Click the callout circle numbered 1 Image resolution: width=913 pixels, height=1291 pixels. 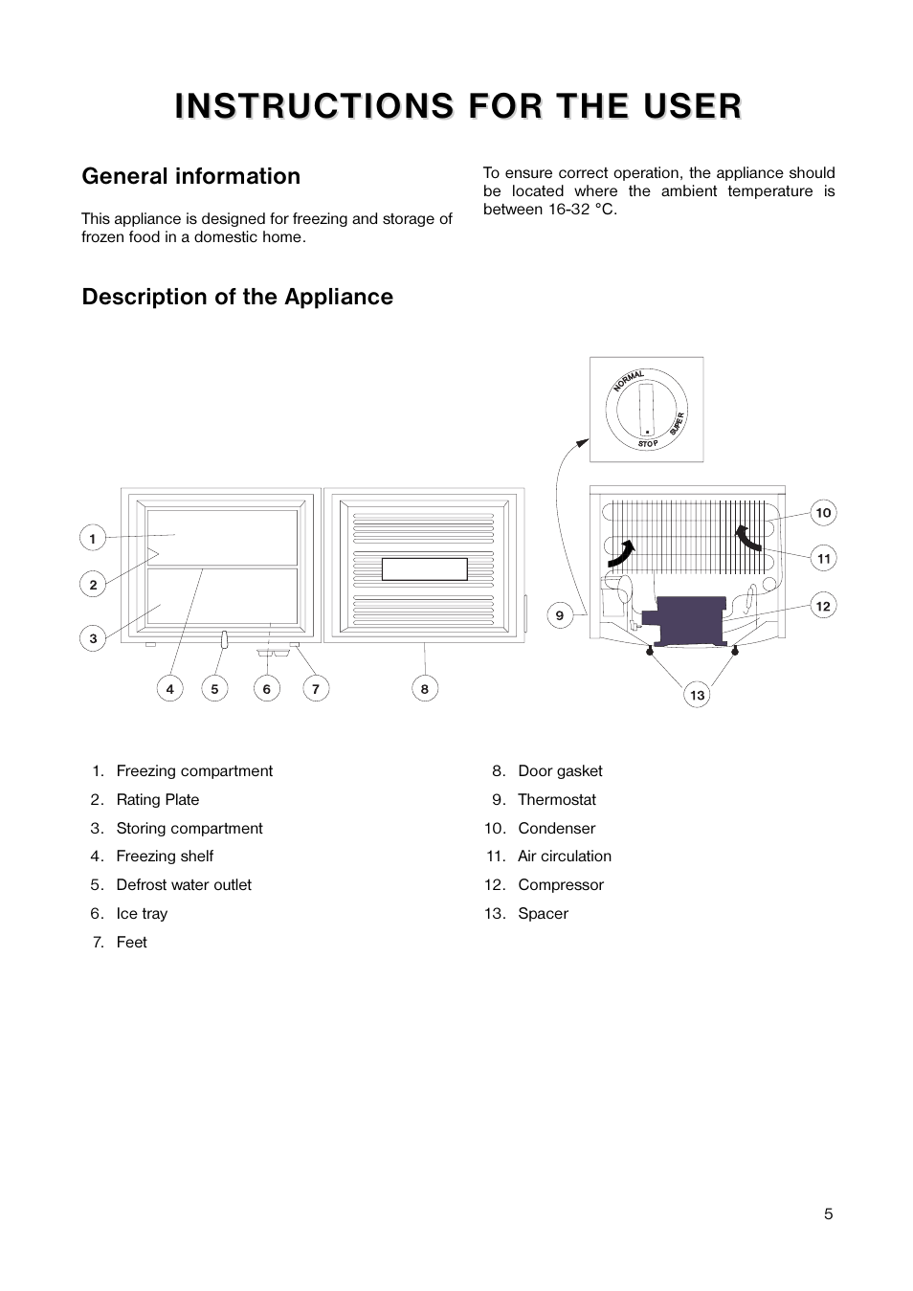(x=93, y=538)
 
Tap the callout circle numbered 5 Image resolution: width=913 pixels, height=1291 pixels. (x=214, y=688)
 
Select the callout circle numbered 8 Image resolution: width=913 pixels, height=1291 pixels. (x=425, y=688)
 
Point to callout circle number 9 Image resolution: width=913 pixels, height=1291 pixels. (x=560, y=614)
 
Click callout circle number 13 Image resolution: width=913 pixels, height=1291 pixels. (x=697, y=695)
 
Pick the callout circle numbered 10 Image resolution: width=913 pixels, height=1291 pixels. (x=823, y=513)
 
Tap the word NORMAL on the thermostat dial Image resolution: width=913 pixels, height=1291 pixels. (x=629, y=380)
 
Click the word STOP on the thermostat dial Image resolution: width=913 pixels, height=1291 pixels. (x=648, y=443)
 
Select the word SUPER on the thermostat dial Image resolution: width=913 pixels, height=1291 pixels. (x=677, y=424)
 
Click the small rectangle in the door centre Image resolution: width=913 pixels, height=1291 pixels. (x=424, y=569)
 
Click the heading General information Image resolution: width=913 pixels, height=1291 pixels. (x=190, y=176)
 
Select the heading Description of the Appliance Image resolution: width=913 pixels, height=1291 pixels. (x=237, y=297)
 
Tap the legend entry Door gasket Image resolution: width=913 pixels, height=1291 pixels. (x=560, y=771)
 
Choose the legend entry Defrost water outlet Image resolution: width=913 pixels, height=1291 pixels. (x=184, y=885)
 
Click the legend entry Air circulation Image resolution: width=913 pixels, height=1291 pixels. (x=564, y=857)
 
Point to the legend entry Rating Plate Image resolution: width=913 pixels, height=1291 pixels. (x=158, y=800)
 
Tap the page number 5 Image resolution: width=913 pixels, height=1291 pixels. (x=828, y=1213)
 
